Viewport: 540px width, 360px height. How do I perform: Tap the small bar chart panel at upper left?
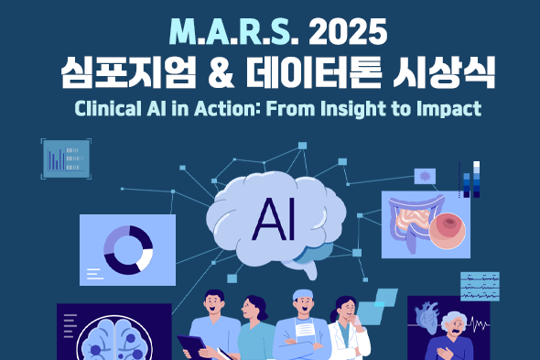pos(67,158)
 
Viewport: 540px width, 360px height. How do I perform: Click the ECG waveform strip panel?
pos(480,286)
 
